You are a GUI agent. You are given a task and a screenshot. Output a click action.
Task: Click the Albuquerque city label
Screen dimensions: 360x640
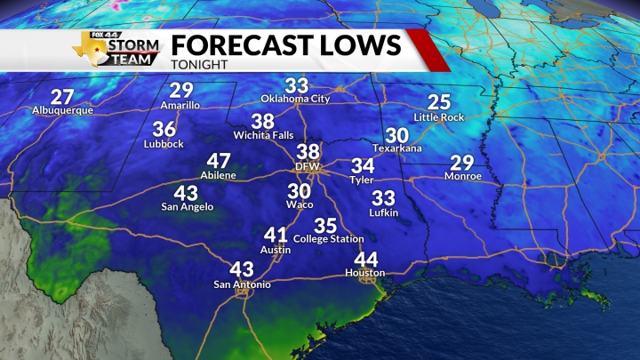[62, 111]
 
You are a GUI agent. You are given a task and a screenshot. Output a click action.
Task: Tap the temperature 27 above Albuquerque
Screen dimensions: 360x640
[62, 96]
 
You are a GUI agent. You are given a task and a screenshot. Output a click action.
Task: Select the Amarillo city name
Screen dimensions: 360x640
[180, 105]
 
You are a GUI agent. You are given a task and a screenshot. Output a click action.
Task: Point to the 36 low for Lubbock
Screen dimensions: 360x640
[164, 128]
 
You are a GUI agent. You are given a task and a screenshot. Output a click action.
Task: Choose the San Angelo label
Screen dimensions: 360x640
[187, 207]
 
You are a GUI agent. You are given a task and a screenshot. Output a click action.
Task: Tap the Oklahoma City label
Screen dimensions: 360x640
[295, 99]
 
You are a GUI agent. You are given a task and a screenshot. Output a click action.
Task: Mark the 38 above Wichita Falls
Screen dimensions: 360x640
[262, 121]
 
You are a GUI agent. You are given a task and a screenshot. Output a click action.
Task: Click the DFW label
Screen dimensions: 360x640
[308, 166]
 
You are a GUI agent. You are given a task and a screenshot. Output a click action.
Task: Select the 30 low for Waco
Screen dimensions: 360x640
[300, 190]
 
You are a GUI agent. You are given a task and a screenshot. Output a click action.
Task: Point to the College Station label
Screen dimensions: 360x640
[329, 239]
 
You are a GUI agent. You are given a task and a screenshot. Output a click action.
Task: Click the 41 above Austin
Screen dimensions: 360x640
[276, 236]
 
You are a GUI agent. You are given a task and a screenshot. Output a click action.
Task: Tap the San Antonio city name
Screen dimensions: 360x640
[242, 284]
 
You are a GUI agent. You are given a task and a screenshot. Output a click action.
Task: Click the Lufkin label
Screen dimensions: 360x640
[384, 213]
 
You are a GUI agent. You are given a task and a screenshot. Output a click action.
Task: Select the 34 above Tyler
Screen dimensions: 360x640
[363, 165]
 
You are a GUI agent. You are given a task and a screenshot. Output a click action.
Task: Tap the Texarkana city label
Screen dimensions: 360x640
[397, 148]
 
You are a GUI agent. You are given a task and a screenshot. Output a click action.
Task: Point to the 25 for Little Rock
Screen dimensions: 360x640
[439, 101]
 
